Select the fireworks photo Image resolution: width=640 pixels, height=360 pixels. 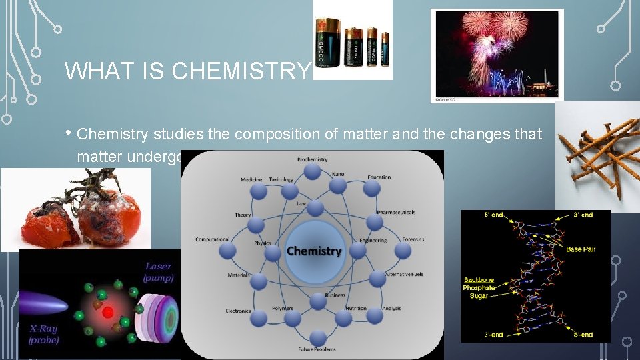[497, 55]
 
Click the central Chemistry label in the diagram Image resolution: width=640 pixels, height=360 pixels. [313, 251]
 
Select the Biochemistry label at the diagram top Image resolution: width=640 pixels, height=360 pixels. [312, 159]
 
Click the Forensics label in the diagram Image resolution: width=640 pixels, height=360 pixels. [413, 239]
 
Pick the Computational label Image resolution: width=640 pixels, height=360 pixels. [213, 239]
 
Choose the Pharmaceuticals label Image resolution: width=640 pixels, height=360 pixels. [396, 213]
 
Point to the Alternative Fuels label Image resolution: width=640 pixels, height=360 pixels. [404, 275]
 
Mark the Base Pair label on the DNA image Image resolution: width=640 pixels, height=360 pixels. [579, 249]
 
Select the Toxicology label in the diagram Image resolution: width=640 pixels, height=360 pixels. [281, 179]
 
